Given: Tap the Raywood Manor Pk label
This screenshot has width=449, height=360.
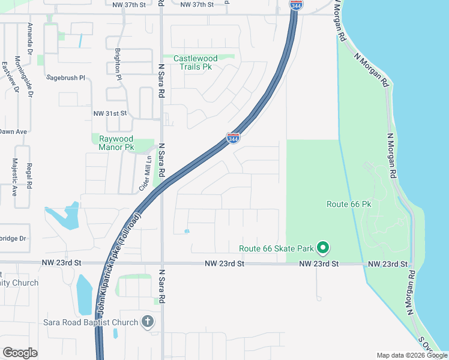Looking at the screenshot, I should click(116, 143).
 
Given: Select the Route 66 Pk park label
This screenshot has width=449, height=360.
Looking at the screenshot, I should click(349, 204).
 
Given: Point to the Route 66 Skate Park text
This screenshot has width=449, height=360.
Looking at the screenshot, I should click(276, 248).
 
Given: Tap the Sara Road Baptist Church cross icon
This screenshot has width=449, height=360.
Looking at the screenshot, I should click(148, 322).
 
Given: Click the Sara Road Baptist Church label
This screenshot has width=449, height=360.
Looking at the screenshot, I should click(91, 322).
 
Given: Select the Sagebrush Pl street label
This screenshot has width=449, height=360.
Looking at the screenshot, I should click(67, 78).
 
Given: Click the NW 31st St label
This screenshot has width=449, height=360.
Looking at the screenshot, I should click(110, 113).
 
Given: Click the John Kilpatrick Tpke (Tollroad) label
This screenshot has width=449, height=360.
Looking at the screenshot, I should click(118, 263).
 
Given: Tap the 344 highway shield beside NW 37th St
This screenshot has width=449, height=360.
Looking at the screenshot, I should click(296, 5).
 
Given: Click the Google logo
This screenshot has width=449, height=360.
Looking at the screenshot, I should click(20, 353).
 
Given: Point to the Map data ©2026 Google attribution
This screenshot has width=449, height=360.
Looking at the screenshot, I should click(411, 355).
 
